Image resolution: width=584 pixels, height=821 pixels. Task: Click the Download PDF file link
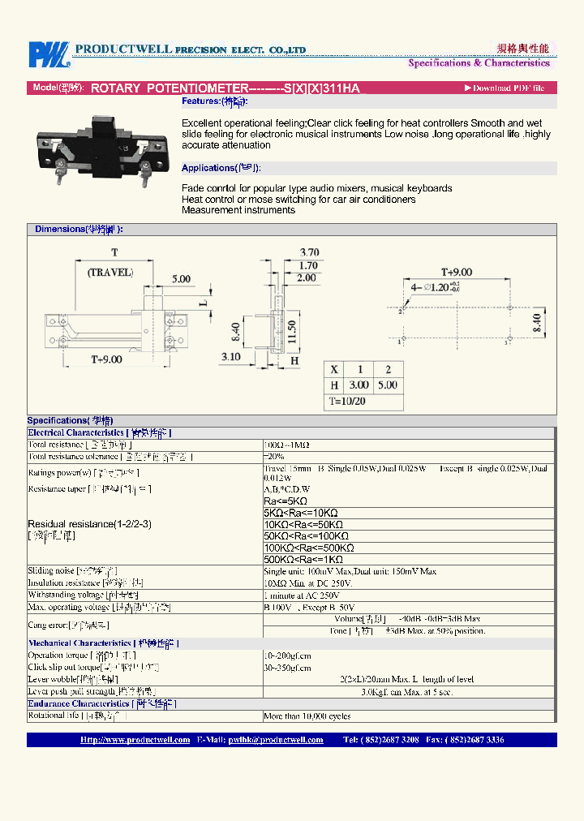[x=505, y=88]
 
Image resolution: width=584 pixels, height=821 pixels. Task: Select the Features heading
[x=215, y=101]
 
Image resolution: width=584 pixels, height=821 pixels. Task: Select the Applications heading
[x=221, y=168]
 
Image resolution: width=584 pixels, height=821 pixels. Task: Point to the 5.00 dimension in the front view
[x=181, y=278]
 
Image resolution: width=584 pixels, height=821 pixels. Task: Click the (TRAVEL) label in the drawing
[x=110, y=273]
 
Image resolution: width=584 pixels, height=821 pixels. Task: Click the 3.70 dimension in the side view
[x=308, y=252]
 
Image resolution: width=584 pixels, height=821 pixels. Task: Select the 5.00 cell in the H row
[x=388, y=385]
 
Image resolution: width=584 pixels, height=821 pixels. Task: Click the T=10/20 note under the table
[x=347, y=401]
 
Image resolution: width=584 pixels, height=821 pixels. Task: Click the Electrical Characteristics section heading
[x=75, y=433]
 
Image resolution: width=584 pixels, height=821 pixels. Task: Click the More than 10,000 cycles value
[x=307, y=716]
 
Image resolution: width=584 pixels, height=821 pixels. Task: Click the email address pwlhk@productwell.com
[x=275, y=740]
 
